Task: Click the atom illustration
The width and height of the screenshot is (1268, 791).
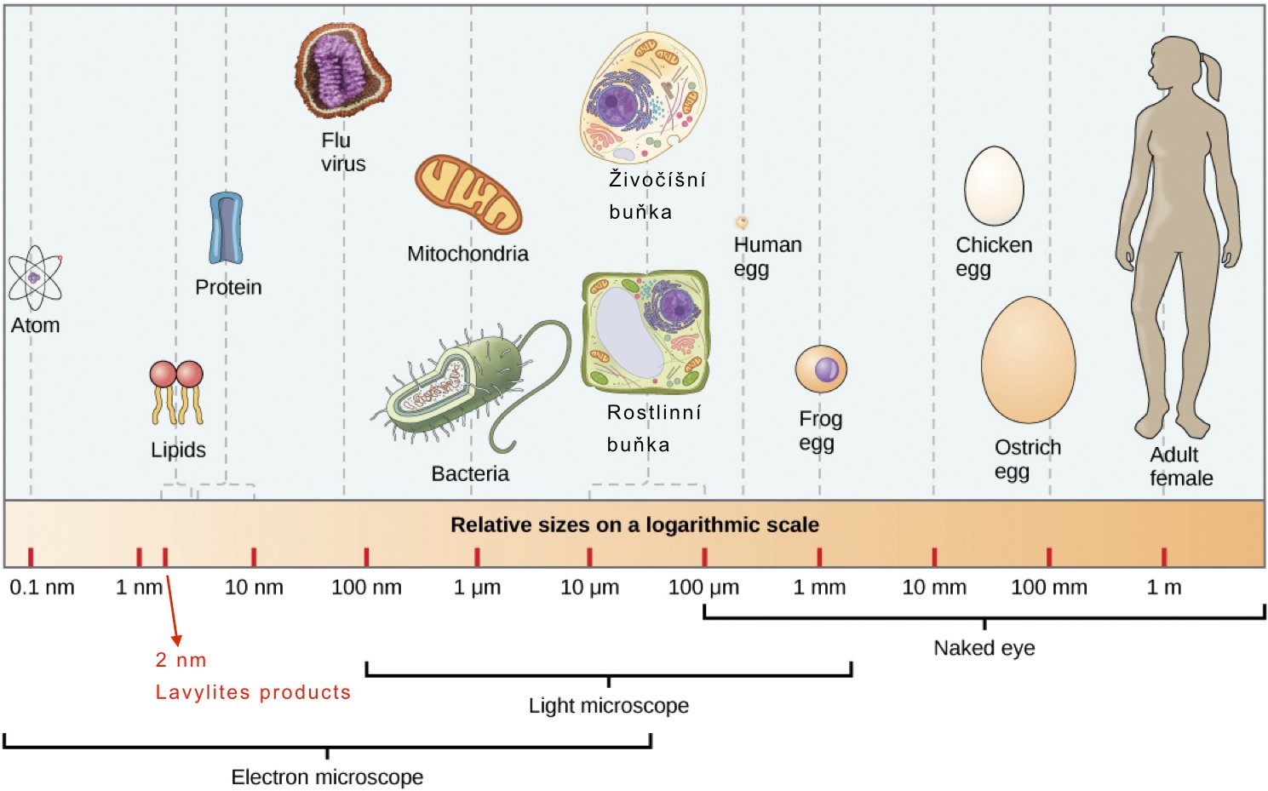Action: point(35,278)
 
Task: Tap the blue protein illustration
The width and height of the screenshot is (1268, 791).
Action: point(226,228)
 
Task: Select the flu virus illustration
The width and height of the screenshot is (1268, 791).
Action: point(342,71)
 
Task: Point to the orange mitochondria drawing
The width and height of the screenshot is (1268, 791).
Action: point(468,194)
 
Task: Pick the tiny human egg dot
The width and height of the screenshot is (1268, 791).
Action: point(742,222)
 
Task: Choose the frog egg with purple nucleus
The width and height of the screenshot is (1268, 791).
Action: point(821,370)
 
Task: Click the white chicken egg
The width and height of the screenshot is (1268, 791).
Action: point(994,186)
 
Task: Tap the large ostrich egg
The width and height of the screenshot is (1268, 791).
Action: point(1028,360)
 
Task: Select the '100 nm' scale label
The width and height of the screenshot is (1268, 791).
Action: point(366,588)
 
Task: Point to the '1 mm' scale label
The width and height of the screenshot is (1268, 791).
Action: point(819,588)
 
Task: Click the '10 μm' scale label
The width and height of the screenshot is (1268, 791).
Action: point(589,588)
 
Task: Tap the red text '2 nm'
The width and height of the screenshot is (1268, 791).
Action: point(181,660)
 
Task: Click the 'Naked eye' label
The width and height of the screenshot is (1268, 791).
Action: point(984,648)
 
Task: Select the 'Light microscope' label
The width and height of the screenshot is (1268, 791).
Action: point(609,706)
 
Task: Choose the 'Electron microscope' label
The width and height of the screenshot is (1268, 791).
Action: point(327,777)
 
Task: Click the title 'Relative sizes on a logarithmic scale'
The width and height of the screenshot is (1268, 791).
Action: point(634,524)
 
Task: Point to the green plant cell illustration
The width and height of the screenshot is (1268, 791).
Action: point(645,331)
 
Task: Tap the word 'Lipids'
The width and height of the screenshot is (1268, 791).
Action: point(178,450)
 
